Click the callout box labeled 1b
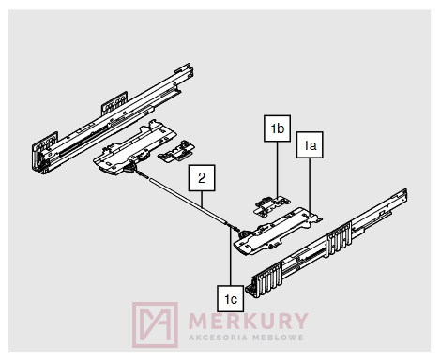[277, 128]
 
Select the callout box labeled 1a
[310, 145]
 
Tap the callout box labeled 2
[202, 178]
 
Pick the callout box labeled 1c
[231, 299]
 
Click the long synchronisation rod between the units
[187, 200]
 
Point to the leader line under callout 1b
[278, 170]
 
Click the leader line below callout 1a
[310, 184]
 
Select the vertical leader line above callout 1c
[231, 257]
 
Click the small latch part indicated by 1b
[271, 205]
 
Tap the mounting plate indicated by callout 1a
[279, 231]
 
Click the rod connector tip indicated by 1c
[234, 228]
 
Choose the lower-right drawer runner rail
[326, 244]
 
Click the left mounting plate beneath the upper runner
[135, 147]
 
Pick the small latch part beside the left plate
[176, 151]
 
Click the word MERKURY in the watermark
[249, 321]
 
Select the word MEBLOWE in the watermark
[278, 337]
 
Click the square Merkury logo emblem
[155, 324]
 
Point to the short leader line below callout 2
[202, 200]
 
